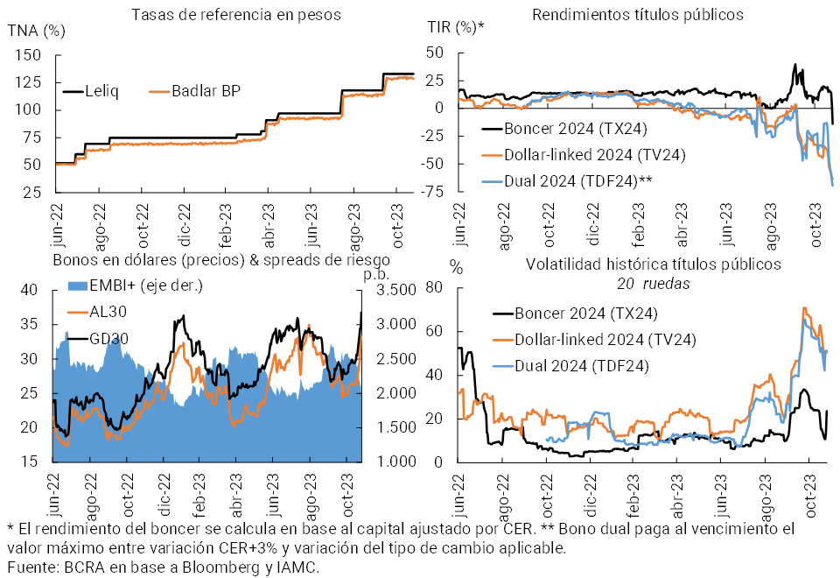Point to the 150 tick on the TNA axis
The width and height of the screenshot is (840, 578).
point(29,54)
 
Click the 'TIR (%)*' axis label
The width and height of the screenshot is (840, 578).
point(455,27)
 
